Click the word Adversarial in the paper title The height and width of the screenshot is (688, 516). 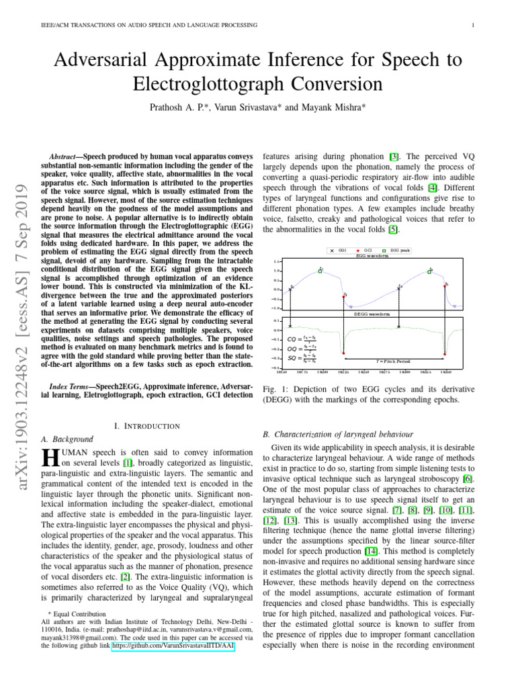click(107, 61)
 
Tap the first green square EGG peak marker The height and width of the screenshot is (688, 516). click(320, 271)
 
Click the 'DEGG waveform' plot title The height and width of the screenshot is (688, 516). click(372, 314)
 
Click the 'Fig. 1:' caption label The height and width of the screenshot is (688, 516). click(273, 389)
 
